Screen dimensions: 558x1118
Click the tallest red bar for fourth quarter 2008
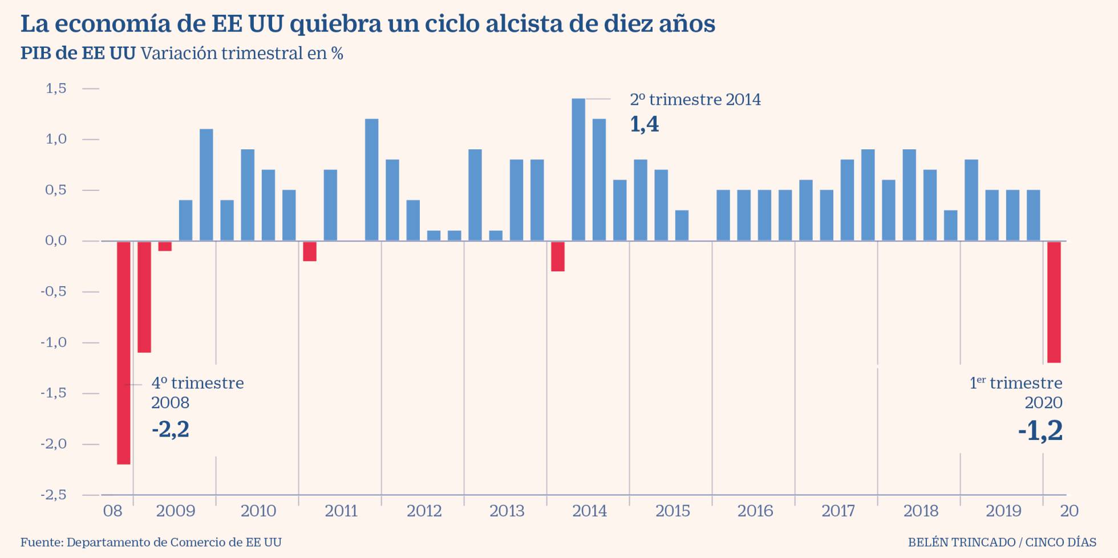point(124,352)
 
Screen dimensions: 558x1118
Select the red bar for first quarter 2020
point(1054,302)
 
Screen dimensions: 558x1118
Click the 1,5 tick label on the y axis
point(56,88)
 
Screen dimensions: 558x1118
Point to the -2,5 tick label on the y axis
point(54,495)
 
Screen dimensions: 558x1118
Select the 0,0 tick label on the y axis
point(56,241)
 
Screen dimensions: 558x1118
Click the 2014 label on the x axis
point(589,511)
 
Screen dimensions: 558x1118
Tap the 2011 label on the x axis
point(341,511)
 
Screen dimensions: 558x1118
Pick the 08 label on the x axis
point(112,511)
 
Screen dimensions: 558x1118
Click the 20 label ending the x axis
point(1069,511)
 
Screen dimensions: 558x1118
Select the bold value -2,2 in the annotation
point(170,429)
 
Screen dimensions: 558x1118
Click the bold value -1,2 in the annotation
point(1040,431)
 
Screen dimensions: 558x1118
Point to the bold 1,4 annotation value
point(644,124)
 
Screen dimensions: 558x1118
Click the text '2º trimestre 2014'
point(695,100)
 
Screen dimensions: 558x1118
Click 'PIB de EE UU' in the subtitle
point(78,54)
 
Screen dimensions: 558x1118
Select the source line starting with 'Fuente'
point(151,542)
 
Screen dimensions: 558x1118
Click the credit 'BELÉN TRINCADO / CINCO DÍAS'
point(1002,542)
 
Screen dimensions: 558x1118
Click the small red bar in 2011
point(310,251)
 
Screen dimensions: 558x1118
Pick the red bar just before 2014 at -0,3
point(558,256)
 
